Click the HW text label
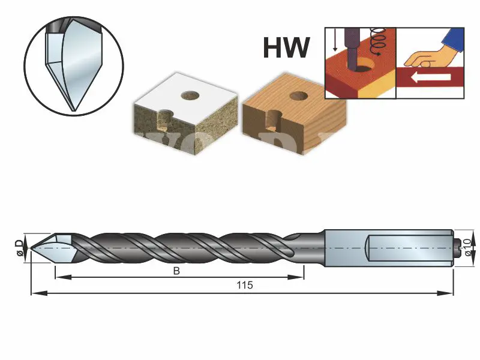click(286, 48)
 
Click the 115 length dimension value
click(245, 286)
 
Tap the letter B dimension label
click(176, 271)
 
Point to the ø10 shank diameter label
click(469, 248)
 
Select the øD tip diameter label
click(19, 247)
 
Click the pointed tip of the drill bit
click(34, 247)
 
